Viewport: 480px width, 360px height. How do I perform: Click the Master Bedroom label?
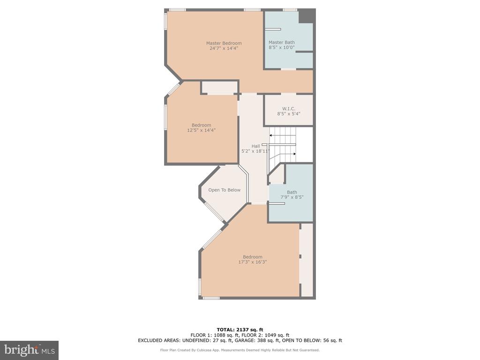[224, 43]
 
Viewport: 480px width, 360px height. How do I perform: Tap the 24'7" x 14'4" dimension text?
[224, 48]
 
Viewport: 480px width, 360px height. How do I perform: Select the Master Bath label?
[282, 42]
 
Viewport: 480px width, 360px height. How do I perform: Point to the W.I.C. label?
[289, 109]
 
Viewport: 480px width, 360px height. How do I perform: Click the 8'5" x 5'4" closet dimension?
[289, 113]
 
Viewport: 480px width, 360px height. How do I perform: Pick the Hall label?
[255, 146]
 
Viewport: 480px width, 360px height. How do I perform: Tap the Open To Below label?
[225, 190]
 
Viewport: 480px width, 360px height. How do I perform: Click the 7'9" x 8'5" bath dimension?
[292, 197]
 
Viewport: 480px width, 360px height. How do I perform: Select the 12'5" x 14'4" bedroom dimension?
[202, 130]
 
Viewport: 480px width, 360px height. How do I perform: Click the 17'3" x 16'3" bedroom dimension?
[253, 262]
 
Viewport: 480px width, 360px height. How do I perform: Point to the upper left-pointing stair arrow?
[283, 135]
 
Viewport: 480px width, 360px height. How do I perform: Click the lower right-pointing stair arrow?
[283, 154]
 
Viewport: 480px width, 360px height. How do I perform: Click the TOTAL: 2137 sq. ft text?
[240, 330]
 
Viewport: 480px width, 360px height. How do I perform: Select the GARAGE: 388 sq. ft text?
[257, 340]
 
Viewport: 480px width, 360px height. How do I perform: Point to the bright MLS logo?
[30, 350]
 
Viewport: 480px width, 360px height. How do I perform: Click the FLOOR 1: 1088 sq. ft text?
[215, 335]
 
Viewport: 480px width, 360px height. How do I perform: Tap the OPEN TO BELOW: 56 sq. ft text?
[312, 340]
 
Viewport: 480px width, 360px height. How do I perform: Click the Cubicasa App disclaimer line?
[240, 350]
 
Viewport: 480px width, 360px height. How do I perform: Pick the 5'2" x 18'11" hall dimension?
[255, 151]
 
